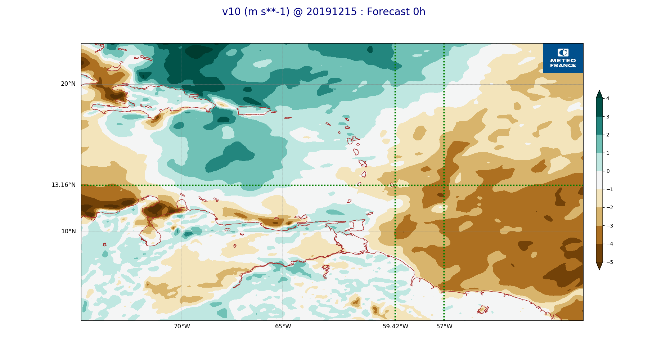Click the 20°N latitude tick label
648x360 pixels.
[x=68, y=84]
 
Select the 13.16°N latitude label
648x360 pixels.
[x=63, y=185]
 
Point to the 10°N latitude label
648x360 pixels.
[x=68, y=231]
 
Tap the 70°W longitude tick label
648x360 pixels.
[x=182, y=327]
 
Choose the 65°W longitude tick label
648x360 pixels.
[x=283, y=327]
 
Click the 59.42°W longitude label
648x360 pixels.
[x=395, y=327]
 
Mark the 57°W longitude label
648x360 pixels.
[x=444, y=327]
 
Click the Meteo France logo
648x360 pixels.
[x=563, y=58]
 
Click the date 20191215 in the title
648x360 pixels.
[x=332, y=12]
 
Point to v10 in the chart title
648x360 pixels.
[x=231, y=12]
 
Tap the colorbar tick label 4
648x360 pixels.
[x=608, y=98]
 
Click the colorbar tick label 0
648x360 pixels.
[x=608, y=171]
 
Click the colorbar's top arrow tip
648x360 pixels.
[x=599, y=90]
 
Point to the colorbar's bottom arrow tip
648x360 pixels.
[x=599, y=270]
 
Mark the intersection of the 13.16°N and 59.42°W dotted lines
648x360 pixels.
[x=395, y=185]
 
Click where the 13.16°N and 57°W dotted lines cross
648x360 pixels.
[x=444, y=185]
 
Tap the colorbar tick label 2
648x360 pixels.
[x=608, y=135]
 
